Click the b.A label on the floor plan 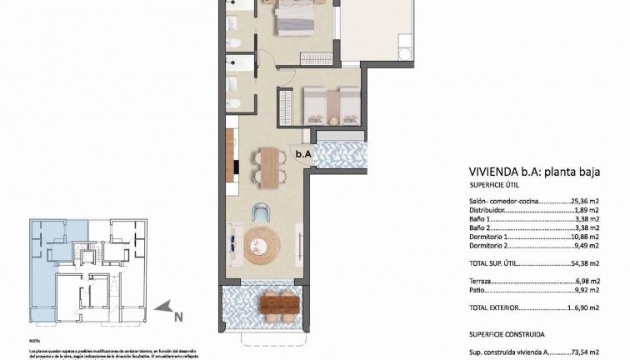click(302, 153)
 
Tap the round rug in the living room click(261, 241)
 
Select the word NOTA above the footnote click(34, 342)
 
